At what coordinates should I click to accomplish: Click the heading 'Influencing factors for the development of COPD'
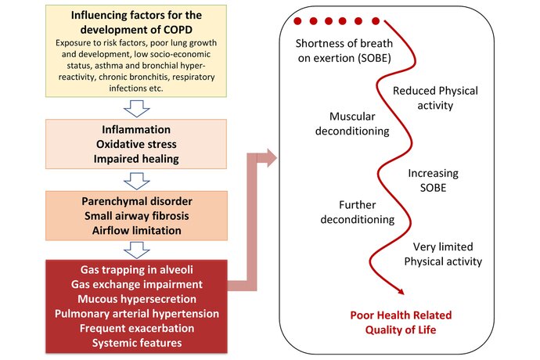(x=136, y=23)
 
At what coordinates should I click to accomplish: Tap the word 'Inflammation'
(x=136, y=130)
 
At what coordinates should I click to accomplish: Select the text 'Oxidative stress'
(x=136, y=144)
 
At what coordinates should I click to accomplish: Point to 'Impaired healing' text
(x=136, y=159)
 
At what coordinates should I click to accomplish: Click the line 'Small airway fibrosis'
(x=137, y=216)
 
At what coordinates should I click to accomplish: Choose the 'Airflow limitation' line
(x=137, y=230)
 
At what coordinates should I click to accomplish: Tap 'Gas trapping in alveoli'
(x=137, y=270)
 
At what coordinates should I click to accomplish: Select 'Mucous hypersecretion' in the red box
(x=137, y=299)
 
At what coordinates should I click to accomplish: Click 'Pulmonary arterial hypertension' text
(x=137, y=314)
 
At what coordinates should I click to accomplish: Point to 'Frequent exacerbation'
(x=137, y=329)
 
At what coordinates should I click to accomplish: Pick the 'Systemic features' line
(x=137, y=343)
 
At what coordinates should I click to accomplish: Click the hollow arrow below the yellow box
(x=137, y=109)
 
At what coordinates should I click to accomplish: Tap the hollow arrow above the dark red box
(x=137, y=250)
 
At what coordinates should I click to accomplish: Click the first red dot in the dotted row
(x=297, y=21)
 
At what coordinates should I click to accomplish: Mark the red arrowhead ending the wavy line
(x=400, y=291)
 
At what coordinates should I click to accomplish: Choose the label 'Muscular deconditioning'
(x=352, y=124)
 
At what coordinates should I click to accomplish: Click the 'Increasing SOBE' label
(x=434, y=180)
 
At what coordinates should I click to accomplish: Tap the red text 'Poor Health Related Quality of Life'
(x=401, y=322)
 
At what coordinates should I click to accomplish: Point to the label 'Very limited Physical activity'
(x=443, y=254)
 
